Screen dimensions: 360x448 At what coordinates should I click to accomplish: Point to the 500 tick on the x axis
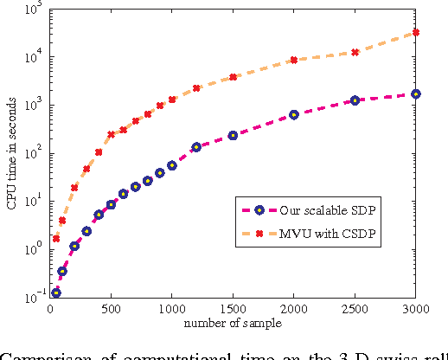[x=111, y=309]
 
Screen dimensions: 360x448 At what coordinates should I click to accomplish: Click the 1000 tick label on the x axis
[x=171, y=309]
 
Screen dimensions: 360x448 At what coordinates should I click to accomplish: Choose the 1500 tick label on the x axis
[x=233, y=309]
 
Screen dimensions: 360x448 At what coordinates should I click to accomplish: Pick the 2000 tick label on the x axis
[x=294, y=309]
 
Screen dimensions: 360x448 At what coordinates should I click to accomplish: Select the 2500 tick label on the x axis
[x=355, y=309]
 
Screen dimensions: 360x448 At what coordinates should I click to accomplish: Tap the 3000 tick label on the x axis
[x=415, y=309]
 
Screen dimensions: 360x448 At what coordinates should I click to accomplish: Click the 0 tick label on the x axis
[x=50, y=309]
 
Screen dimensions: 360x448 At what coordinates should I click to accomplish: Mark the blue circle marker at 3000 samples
[x=416, y=93]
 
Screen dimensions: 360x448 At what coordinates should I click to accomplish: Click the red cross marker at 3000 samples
[x=416, y=32]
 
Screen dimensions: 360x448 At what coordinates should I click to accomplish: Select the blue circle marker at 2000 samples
[x=294, y=114]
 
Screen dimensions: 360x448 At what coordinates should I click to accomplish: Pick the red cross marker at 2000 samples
[x=294, y=60]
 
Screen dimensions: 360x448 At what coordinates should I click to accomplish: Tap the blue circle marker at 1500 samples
[x=233, y=135]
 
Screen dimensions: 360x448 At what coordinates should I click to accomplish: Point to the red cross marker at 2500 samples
[x=355, y=52]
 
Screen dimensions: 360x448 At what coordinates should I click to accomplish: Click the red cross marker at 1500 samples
[x=233, y=77]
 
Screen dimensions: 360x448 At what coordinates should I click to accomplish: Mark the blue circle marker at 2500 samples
[x=355, y=100]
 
